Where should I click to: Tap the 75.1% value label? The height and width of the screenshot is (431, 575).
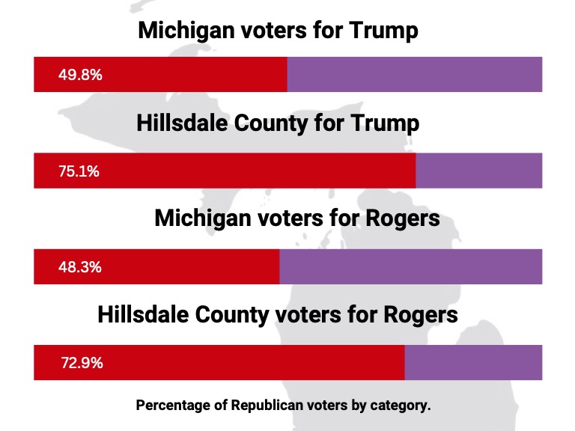click(x=79, y=171)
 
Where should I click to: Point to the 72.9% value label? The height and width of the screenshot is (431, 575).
click(x=82, y=364)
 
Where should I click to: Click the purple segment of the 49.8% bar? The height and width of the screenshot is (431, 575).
click(x=414, y=75)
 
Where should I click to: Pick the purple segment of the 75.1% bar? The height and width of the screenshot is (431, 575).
click(x=478, y=171)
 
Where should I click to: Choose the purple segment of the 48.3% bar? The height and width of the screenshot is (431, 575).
click(x=410, y=267)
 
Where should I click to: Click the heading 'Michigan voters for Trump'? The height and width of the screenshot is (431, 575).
click(x=278, y=31)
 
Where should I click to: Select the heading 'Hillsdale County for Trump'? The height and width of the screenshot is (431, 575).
click(x=278, y=123)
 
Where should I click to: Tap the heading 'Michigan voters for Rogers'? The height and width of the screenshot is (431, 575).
click(x=296, y=219)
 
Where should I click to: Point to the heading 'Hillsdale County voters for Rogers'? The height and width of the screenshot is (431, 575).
click(x=278, y=314)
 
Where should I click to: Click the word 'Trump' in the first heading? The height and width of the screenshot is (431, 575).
click(x=387, y=31)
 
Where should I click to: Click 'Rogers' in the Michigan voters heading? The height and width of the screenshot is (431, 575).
click(x=404, y=219)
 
